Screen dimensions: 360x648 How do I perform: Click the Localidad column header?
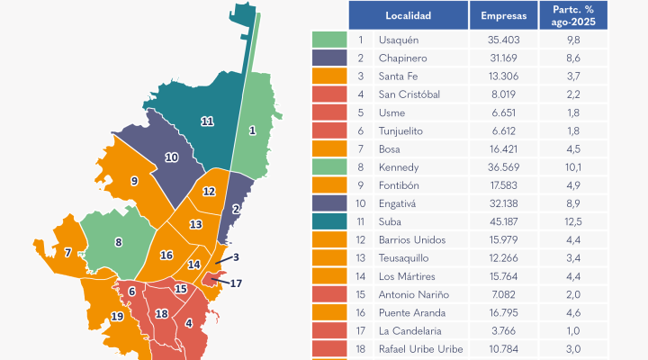tap(408, 15)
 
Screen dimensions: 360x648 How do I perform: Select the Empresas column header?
tap(504, 15)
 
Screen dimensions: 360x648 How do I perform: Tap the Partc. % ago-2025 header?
tap(574, 15)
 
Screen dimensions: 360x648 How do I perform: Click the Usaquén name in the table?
tap(400, 40)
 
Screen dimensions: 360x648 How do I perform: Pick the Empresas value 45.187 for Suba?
tap(503, 221)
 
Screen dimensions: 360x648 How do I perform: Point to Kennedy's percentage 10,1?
tap(574, 167)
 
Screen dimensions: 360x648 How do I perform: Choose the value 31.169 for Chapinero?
tap(503, 58)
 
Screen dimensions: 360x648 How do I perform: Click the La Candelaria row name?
tap(411, 330)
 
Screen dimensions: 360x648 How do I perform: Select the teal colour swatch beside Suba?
tap(329, 221)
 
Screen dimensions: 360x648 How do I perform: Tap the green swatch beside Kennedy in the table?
tap(329, 167)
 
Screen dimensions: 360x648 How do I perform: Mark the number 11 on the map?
tap(208, 121)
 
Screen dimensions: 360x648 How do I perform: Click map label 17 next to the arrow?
tap(237, 283)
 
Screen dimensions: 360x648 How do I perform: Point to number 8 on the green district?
tap(118, 241)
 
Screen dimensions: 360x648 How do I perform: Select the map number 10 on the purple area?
tap(171, 157)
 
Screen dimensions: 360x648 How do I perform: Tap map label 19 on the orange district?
tap(117, 316)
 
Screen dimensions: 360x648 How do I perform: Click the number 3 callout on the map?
tap(236, 257)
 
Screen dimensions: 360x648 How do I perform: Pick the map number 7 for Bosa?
tap(67, 253)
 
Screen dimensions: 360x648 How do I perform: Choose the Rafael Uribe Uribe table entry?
tap(423, 348)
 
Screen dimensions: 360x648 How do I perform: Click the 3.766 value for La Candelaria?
tap(503, 330)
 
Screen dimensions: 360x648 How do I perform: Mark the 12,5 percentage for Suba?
tap(574, 221)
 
